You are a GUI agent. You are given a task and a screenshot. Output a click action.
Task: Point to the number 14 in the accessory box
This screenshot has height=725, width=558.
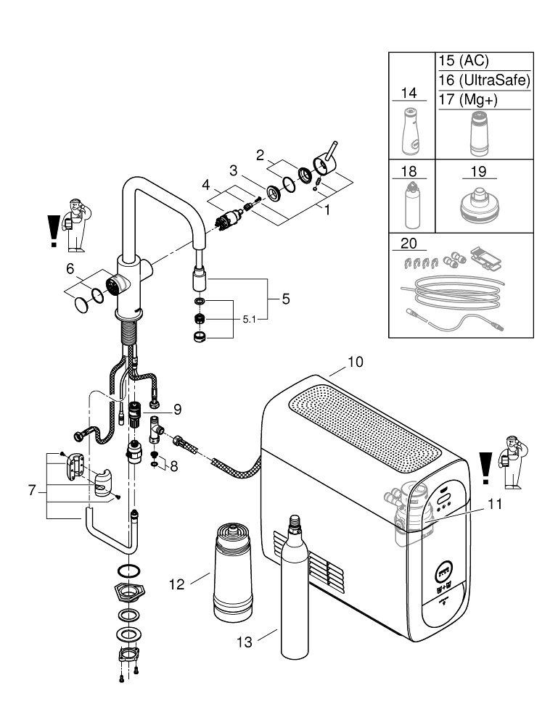pos(409,92)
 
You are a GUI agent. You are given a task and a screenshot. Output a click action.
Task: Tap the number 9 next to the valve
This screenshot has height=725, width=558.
pos(177,409)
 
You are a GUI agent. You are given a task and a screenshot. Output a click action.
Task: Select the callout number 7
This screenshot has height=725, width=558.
pos(33,491)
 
